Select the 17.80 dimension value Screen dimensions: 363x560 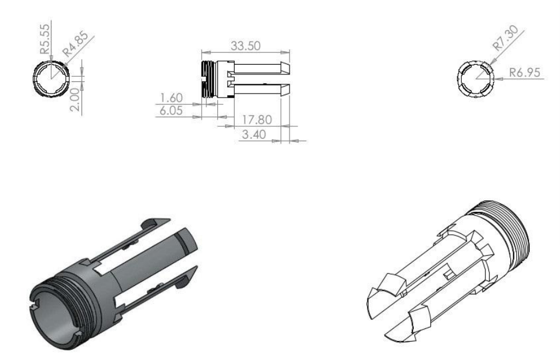tap(257, 119)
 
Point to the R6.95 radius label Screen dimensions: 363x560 tap(525, 73)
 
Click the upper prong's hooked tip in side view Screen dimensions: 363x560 tap(284, 68)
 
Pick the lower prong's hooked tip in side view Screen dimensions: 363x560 tap(284, 89)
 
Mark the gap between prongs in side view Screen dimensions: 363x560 tap(260, 79)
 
